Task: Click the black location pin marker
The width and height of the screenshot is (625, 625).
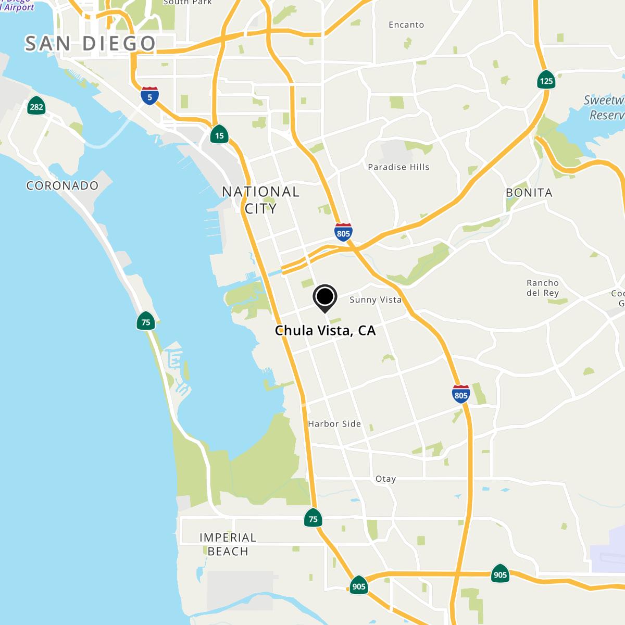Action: pos(325,297)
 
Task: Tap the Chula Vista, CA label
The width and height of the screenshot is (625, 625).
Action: pos(325,330)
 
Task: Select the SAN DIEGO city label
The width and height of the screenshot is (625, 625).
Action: pos(90,43)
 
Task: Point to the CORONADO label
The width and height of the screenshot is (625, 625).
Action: pos(63,185)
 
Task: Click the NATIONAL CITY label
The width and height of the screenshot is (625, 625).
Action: pos(260,200)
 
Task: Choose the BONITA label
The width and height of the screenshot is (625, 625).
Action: pos(529,193)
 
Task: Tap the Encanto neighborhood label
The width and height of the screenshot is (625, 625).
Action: pos(406,24)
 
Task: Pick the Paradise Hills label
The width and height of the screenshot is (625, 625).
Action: pos(398,167)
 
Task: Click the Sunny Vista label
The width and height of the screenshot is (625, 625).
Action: pos(375,299)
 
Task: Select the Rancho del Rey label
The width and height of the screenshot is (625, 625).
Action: pos(543,287)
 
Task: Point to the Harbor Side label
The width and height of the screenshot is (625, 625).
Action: pos(334,423)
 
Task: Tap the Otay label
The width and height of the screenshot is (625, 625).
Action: pos(385,479)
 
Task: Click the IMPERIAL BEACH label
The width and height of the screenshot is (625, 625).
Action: pos(228,544)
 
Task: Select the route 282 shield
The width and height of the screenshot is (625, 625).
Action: pos(36,106)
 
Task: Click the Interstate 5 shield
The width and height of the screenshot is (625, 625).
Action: pos(149,96)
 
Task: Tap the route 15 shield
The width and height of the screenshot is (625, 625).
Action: pos(219,135)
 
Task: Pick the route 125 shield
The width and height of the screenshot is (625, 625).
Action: pos(546,80)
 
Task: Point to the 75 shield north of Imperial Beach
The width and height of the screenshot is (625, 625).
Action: pos(313,518)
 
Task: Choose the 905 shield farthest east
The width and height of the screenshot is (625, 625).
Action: pos(500,574)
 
